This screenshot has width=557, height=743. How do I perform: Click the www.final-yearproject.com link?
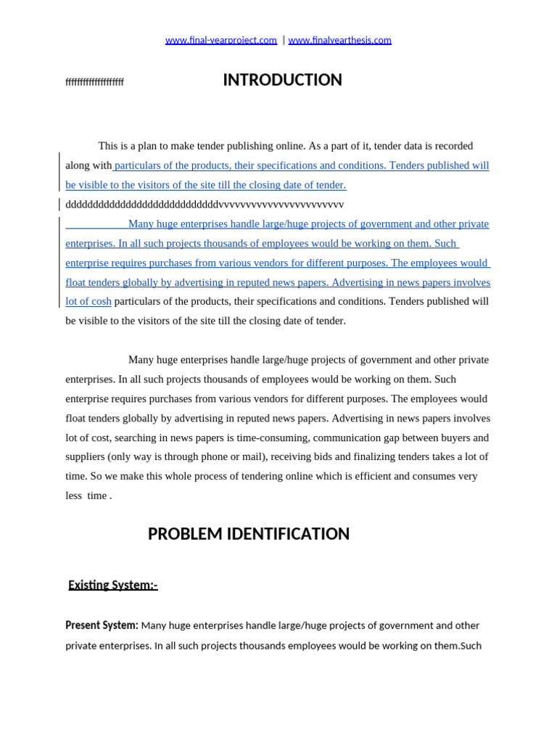[220, 41]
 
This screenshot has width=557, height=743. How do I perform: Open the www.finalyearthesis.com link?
[339, 41]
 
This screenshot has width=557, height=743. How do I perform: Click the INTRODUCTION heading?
[282, 81]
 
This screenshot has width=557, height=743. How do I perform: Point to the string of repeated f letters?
[94, 82]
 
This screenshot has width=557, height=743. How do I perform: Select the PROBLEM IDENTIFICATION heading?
[248, 534]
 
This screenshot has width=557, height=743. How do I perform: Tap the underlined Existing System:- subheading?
[112, 585]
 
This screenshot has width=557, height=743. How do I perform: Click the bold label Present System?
[102, 625]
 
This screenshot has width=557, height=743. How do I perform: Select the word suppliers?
[85, 457]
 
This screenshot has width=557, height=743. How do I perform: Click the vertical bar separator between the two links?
[283, 41]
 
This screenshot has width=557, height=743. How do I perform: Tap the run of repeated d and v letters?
[205, 205]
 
